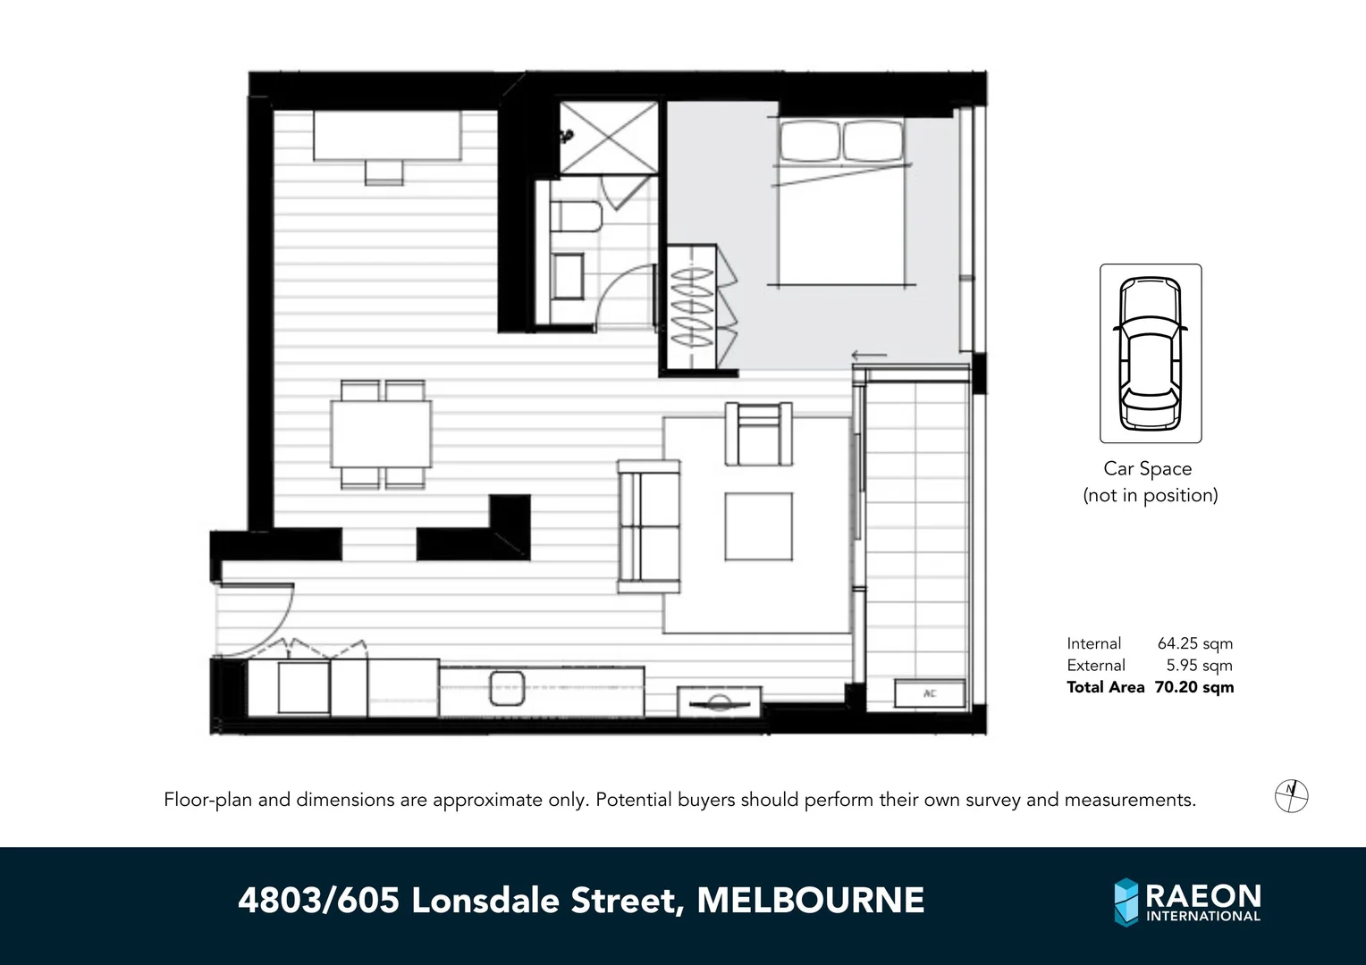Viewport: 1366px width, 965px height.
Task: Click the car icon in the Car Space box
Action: (1150, 353)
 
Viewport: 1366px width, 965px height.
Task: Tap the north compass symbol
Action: (1291, 794)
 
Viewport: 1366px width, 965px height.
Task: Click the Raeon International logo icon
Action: (1126, 902)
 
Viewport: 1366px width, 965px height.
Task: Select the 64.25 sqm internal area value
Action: (1194, 643)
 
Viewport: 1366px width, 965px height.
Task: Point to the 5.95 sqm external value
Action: (1199, 666)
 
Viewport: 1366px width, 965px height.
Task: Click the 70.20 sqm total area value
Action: (1193, 687)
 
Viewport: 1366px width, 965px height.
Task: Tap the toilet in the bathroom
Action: (576, 217)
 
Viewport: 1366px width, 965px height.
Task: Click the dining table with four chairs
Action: (382, 434)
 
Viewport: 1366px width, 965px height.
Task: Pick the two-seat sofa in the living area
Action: (649, 525)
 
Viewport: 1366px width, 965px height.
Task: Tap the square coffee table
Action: (758, 526)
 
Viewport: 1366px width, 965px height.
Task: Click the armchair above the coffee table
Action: (758, 434)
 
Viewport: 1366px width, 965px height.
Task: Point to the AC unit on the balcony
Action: (930, 693)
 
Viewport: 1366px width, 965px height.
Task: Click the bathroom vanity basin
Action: (567, 277)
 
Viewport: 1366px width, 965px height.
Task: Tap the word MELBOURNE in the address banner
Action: (810, 900)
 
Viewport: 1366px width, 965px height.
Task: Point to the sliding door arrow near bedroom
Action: (868, 356)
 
